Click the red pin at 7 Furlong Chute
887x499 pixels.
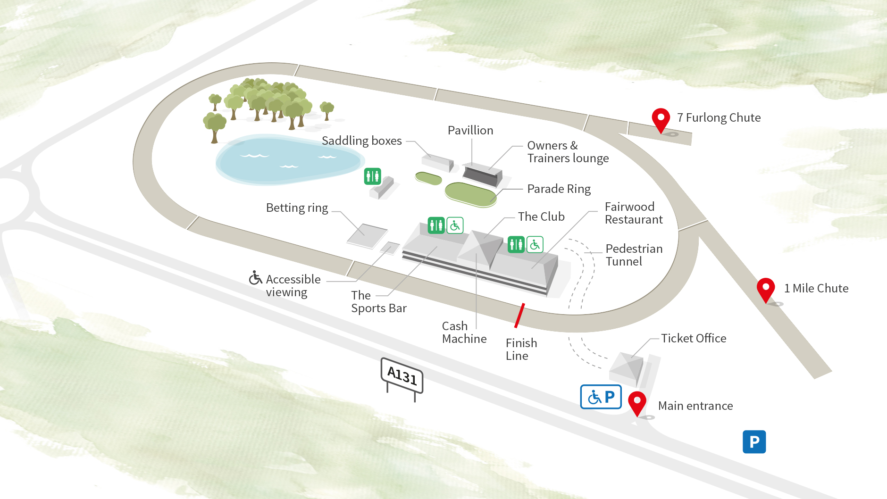(x=661, y=118)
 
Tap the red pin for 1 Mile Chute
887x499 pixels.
(x=766, y=288)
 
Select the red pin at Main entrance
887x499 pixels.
(x=637, y=402)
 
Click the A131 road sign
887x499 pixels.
(x=402, y=376)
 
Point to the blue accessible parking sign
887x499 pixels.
(x=601, y=397)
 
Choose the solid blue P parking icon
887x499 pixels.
(x=754, y=442)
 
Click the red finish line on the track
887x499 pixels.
(x=519, y=316)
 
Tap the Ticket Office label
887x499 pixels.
(x=693, y=338)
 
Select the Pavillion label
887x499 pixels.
(x=470, y=131)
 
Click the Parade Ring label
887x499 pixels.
(x=559, y=189)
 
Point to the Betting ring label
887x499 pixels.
(x=297, y=208)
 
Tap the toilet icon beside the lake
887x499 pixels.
(x=372, y=176)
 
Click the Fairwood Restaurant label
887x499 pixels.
(x=633, y=213)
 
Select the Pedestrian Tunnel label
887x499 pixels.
(x=634, y=255)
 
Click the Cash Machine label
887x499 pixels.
(x=464, y=333)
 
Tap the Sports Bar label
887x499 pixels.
(x=378, y=302)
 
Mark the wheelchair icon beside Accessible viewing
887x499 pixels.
(x=255, y=278)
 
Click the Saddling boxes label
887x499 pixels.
(x=361, y=141)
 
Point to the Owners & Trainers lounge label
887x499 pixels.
(x=568, y=152)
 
